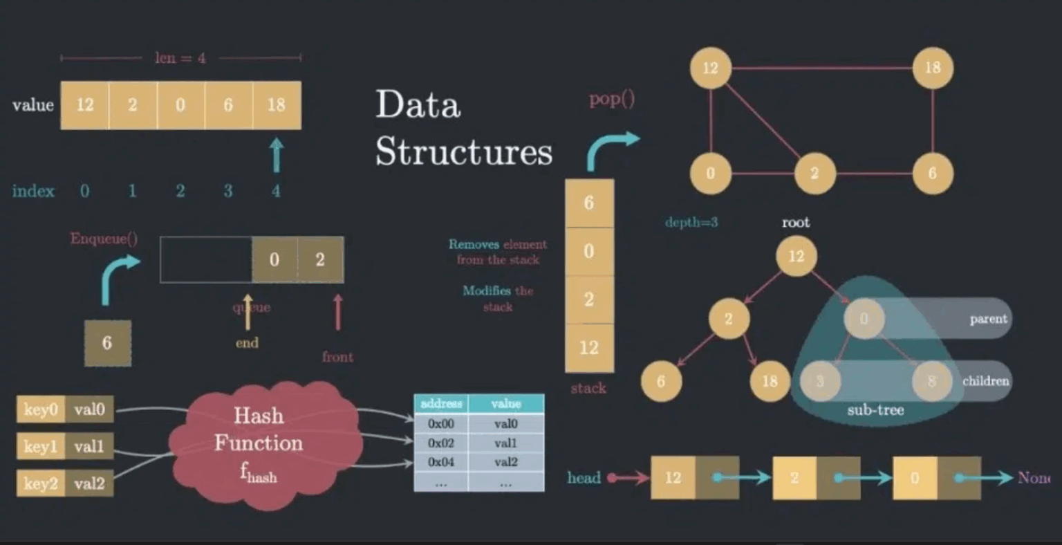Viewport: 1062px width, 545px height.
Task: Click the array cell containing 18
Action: coord(277,105)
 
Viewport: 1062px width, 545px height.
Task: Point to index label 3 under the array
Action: coord(227,191)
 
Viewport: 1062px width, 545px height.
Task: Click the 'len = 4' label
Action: coord(180,58)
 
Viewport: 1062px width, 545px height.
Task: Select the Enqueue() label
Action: coord(104,239)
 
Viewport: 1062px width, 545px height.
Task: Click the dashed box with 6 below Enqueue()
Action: coord(107,343)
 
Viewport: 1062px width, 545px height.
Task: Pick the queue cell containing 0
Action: coord(274,260)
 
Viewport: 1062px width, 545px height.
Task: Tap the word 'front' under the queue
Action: coord(337,357)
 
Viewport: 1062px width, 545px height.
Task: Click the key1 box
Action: coord(40,446)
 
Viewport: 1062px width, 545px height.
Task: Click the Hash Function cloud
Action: coord(259,443)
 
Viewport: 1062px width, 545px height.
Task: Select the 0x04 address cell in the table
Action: coord(440,462)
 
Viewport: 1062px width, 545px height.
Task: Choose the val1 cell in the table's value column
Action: coord(505,443)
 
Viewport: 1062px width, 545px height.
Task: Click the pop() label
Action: coord(611,100)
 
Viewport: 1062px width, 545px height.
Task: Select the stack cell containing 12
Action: coord(589,347)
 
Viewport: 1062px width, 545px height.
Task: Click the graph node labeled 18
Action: coord(933,68)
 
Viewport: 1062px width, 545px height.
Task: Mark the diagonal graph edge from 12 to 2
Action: coord(763,120)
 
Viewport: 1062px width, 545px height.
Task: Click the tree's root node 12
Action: coord(796,257)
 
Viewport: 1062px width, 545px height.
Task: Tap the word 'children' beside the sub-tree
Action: coord(985,381)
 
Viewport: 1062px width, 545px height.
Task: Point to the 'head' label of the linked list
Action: coord(584,478)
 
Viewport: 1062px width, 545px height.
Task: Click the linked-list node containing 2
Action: coord(794,478)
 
